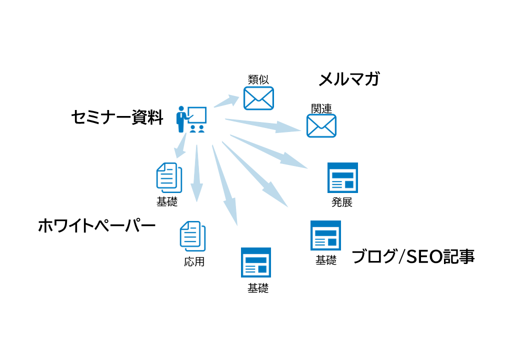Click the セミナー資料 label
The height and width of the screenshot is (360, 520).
[117, 117]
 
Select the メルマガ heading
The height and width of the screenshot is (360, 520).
[349, 78]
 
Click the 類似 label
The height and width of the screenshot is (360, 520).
[258, 79]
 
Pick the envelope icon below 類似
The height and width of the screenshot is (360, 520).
[258, 98]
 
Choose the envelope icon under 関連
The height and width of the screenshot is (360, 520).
[321, 125]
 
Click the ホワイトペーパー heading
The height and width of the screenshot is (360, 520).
[96, 226]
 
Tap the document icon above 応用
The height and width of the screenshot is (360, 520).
[192, 236]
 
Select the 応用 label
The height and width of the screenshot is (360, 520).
[194, 261]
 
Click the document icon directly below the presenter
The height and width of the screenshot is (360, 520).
[169, 178]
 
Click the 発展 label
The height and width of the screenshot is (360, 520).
[342, 202]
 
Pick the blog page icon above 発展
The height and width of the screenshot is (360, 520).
[342, 177]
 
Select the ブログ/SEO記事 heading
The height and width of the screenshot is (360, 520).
[413, 256]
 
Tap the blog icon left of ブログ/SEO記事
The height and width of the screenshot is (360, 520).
[325, 235]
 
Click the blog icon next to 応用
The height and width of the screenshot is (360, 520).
[256, 262]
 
